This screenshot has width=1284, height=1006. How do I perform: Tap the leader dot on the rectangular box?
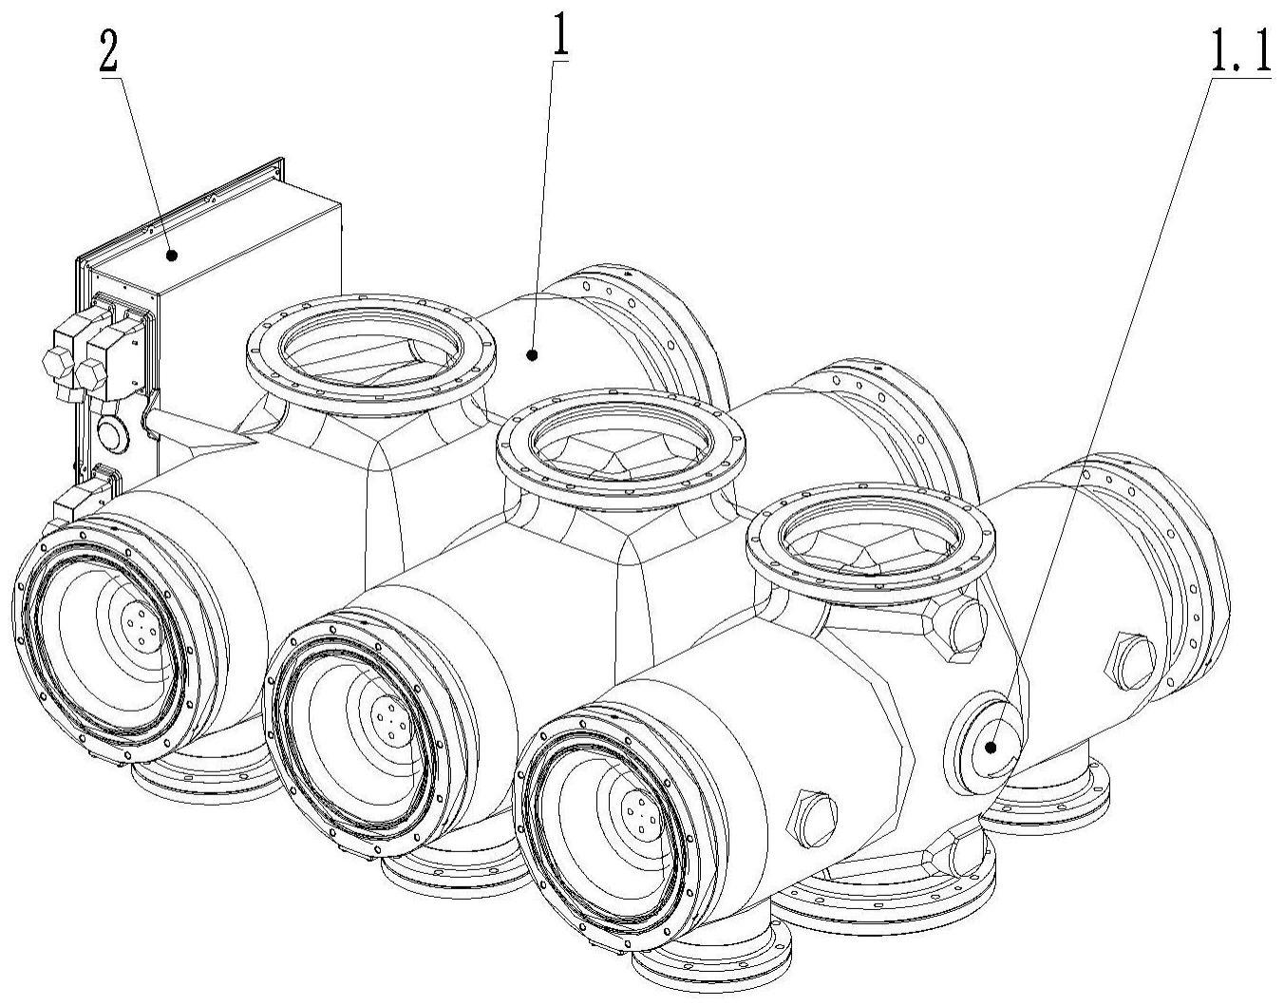tap(171, 255)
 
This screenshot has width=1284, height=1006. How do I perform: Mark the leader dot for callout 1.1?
tap(991, 747)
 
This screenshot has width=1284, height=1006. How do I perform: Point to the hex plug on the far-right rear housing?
tap(1129, 661)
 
